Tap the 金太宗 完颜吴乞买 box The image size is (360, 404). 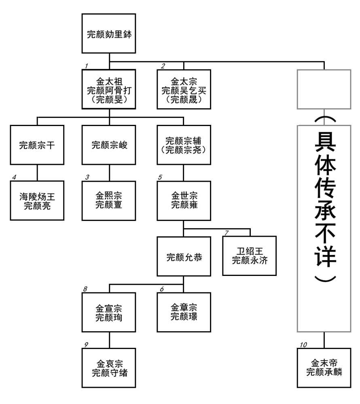184,89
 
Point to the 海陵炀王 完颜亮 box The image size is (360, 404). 38,200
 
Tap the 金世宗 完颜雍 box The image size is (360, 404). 184,200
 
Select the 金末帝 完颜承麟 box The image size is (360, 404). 324,368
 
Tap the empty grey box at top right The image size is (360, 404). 324,89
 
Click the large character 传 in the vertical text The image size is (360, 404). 324,188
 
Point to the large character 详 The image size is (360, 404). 324,253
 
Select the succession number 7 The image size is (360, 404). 227,233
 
